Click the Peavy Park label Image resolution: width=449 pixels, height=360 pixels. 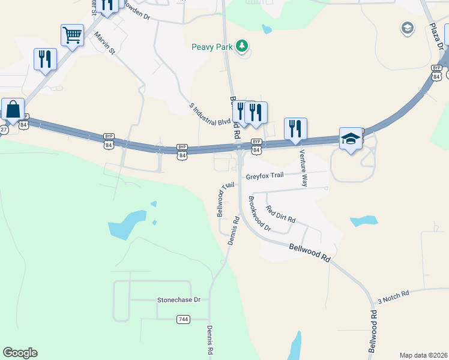tap(212, 46)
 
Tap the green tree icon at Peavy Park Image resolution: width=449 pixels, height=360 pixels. tap(242, 46)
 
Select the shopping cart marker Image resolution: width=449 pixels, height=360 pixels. tap(72, 35)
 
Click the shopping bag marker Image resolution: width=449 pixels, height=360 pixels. tap(13, 110)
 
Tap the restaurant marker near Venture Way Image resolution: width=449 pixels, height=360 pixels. tap(295, 129)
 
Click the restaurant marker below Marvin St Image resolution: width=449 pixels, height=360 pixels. tap(45, 59)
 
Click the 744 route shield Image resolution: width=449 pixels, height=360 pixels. tap(184, 319)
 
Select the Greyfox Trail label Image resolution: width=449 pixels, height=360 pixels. tap(264, 176)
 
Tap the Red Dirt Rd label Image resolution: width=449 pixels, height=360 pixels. tap(281, 214)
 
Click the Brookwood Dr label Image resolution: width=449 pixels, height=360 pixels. tap(259, 214)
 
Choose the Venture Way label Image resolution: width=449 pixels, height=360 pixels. tap(304, 169)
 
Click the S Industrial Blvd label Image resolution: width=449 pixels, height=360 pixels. tap(210, 114)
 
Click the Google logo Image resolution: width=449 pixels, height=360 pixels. tap(20, 353)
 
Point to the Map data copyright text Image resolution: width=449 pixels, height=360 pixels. tap(423, 355)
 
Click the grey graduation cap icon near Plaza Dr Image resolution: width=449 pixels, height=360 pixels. tap(408, 28)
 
